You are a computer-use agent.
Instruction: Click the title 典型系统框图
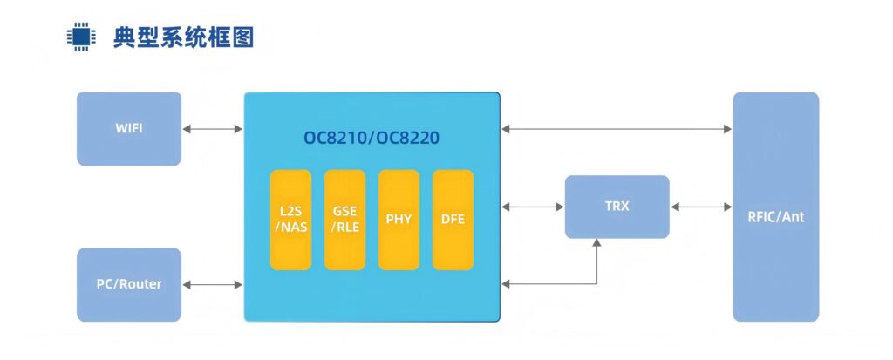point(183,37)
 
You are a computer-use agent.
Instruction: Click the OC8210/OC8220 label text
point(372,139)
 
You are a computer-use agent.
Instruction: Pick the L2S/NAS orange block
point(290,220)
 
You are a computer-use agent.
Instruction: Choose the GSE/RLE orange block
point(344,220)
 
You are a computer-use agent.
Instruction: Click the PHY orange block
point(399,220)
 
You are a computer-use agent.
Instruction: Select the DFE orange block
point(453,220)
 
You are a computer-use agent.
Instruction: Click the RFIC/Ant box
point(775,207)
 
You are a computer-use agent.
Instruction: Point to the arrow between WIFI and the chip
point(213,129)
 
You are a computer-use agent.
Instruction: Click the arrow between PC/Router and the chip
point(213,284)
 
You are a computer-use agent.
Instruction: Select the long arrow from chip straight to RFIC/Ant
point(617,129)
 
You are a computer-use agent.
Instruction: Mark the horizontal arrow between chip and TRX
point(533,207)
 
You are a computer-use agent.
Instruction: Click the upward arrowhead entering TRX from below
point(597,244)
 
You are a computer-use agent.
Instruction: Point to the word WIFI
point(129,129)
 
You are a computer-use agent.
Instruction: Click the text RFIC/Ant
point(775,217)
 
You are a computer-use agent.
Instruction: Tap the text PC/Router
point(129,284)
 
